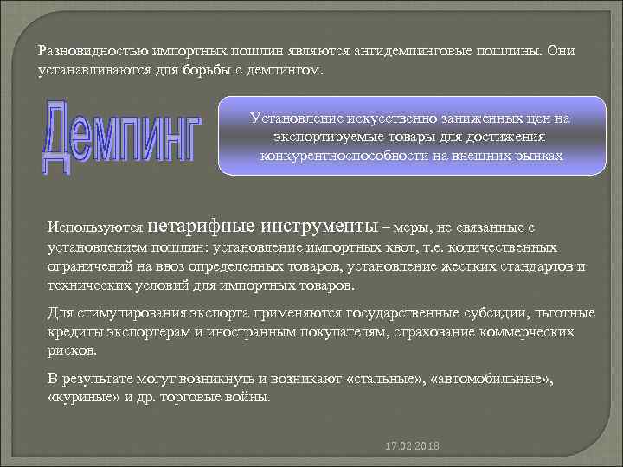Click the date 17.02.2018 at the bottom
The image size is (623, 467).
coord(414,445)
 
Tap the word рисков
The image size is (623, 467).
coord(73,352)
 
